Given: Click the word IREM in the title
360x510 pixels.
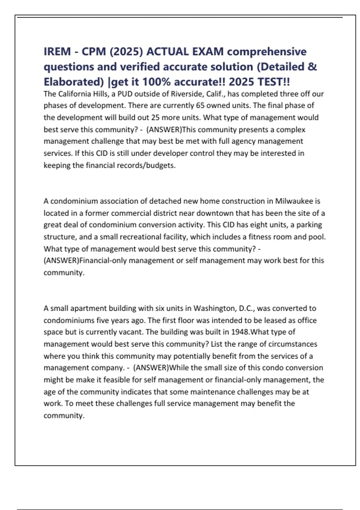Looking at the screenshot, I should pyautogui.click(x=57, y=52).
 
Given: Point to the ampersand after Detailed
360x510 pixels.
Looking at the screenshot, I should pyautogui.click(x=312, y=67).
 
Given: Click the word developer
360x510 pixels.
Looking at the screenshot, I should pyautogui.click(x=172, y=153).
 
